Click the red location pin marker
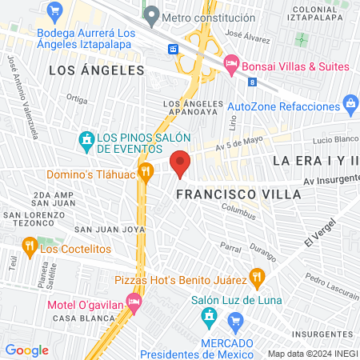(181, 162)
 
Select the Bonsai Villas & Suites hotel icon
(231, 62)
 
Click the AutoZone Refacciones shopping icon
(350, 102)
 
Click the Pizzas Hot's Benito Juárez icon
(256, 278)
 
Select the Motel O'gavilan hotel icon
(134, 302)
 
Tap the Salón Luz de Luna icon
(210, 315)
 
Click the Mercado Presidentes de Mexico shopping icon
(235, 324)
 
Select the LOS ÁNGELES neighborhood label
(96, 70)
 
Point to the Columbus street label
(238, 214)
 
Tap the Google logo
(26, 350)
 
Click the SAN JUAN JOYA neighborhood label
(109, 229)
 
